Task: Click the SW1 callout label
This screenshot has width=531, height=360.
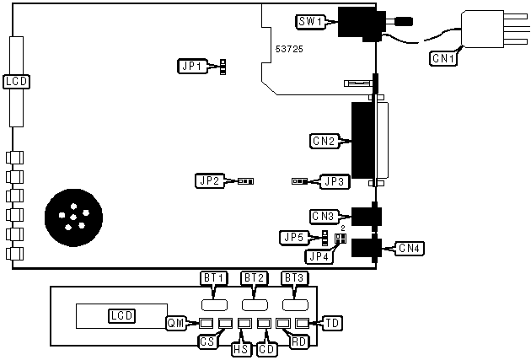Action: click(x=310, y=20)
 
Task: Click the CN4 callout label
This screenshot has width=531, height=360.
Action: click(x=410, y=248)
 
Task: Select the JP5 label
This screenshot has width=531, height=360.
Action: click(x=294, y=238)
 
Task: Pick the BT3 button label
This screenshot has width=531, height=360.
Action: click(x=293, y=278)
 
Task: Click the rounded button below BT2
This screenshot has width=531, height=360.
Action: click(x=255, y=304)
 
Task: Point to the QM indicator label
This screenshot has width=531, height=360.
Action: click(x=175, y=322)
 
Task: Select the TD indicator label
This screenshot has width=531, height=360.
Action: click(x=331, y=322)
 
